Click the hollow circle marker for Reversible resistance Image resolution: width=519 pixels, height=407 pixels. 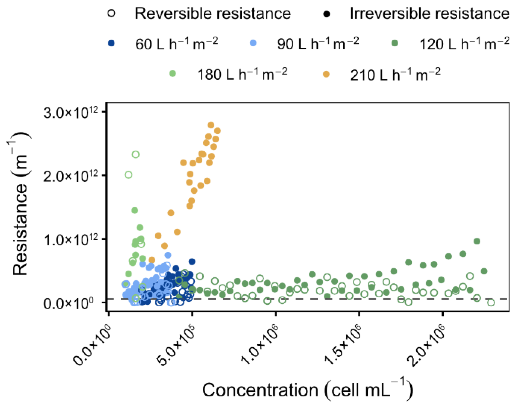point(112,14)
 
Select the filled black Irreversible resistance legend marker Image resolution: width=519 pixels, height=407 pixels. point(327,14)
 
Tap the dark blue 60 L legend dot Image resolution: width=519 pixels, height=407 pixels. point(112,43)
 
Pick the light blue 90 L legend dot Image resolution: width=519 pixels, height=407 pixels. point(253,43)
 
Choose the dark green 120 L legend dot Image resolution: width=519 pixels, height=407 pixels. point(395,43)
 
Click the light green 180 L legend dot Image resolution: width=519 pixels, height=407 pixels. point(173,74)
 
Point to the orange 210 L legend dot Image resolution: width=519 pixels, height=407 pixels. point(326,74)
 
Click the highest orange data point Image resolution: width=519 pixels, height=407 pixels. point(211,125)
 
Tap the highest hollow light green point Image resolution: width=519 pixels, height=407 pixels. point(136,155)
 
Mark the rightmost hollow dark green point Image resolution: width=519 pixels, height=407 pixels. point(491,302)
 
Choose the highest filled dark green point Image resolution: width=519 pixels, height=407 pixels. point(477,241)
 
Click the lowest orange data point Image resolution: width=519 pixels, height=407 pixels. point(152,260)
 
